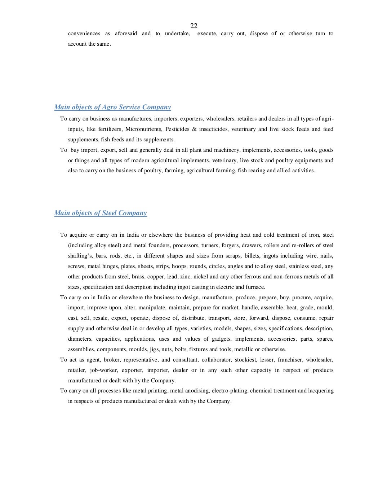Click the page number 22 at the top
tap(194, 26)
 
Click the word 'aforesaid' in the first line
tap(126, 33)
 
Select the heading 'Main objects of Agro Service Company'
tap(112, 107)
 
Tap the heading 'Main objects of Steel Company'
tap(101, 213)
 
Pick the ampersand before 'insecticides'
tap(194, 129)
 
